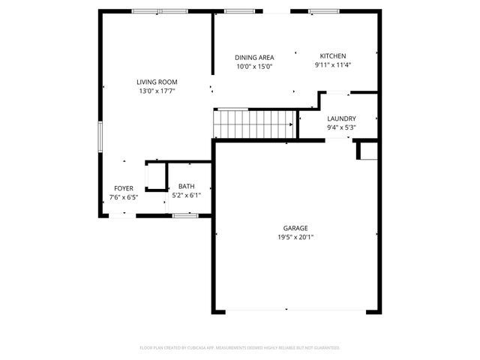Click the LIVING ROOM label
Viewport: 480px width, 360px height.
click(156, 82)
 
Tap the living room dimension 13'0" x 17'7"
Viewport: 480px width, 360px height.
click(156, 91)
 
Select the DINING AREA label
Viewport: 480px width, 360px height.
click(254, 58)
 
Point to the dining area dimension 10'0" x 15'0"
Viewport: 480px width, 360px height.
click(254, 67)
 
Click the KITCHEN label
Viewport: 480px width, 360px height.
click(333, 56)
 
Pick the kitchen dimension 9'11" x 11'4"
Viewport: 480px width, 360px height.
click(333, 65)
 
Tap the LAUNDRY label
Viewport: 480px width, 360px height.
click(341, 118)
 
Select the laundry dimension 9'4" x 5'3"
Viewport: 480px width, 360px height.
click(341, 127)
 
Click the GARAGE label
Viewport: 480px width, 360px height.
click(295, 228)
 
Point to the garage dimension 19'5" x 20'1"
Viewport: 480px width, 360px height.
click(295, 237)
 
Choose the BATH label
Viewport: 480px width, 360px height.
click(186, 186)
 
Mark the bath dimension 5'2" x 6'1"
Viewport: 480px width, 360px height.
click(186, 195)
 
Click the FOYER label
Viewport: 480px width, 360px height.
click(124, 188)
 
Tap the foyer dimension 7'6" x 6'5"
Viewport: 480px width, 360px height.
click(124, 197)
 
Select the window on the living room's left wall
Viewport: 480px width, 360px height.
click(100, 138)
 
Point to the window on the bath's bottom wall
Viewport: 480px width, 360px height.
click(184, 215)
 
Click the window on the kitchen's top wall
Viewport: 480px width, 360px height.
click(323, 11)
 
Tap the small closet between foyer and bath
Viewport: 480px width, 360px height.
click(156, 177)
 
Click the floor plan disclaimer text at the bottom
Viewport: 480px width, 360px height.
click(240, 348)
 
